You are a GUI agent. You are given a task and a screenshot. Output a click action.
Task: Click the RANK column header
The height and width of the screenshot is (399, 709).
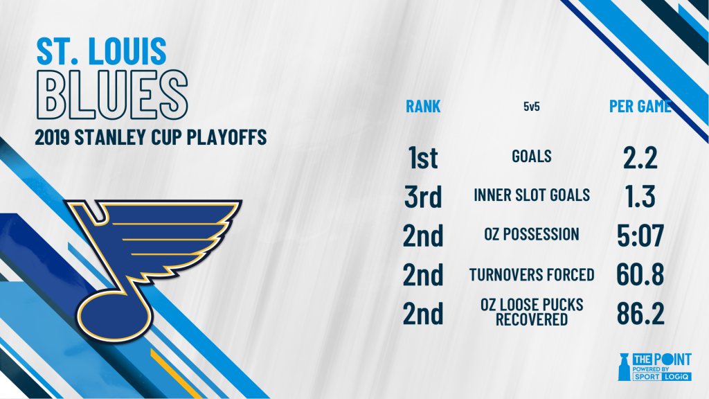point(423,106)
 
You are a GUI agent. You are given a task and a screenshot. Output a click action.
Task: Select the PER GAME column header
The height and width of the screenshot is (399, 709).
point(640,106)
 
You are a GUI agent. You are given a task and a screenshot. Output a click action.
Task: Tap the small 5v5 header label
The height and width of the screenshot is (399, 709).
point(531,106)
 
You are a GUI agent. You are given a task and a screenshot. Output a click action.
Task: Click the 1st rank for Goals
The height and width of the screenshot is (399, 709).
point(423,157)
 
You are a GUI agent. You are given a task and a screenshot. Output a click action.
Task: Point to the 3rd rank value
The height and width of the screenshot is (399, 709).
point(423,196)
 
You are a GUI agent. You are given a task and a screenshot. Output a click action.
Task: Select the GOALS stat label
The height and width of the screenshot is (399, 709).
point(531,157)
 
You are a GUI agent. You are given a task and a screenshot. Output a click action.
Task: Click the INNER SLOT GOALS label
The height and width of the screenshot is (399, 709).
point(532,195)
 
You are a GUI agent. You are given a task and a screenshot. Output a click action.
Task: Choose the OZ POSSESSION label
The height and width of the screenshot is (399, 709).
point(531,234)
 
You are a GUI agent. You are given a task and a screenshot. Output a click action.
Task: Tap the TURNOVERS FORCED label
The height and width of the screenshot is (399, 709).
point(532,274)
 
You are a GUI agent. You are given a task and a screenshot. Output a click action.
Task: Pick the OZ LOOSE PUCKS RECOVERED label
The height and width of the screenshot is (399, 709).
point(532,312)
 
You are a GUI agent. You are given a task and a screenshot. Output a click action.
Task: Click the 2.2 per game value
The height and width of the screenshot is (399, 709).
point(640,158)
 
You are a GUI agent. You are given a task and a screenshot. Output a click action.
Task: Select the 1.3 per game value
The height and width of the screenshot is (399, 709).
point(640,196)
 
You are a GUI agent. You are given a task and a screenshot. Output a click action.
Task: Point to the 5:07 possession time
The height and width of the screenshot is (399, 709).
point(640,236)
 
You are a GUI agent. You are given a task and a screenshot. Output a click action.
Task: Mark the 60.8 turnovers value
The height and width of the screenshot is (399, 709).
point(640,274)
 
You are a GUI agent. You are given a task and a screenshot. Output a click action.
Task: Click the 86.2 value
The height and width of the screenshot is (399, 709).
point(640,314)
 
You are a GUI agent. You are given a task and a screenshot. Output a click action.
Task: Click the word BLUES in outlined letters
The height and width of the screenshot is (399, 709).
point(112,94)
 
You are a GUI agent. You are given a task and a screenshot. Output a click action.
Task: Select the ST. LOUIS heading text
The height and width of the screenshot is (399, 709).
point(101,51)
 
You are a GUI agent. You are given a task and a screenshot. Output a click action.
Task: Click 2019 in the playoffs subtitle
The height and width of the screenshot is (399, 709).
point(52,138)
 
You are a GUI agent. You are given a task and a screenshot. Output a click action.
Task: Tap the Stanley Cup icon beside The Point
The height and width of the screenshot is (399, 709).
point(624,367)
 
